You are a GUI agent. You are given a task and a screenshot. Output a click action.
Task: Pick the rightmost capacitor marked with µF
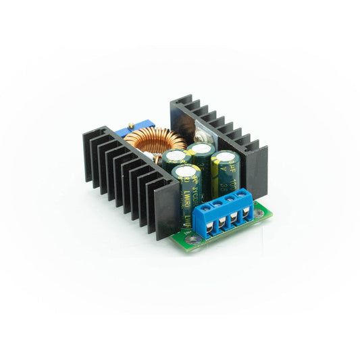tap(225, 172)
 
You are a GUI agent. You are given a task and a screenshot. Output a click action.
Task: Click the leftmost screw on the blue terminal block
tap(205, 208)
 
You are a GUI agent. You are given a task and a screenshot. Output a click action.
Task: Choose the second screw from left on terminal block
tap(217, 204)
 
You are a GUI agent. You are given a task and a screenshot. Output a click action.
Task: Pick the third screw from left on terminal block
tap(231, 201)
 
